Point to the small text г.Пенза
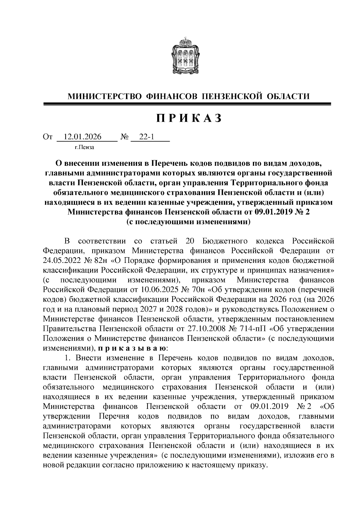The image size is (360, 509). click(84, 147)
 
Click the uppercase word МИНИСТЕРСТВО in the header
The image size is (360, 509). click(104, 96)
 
